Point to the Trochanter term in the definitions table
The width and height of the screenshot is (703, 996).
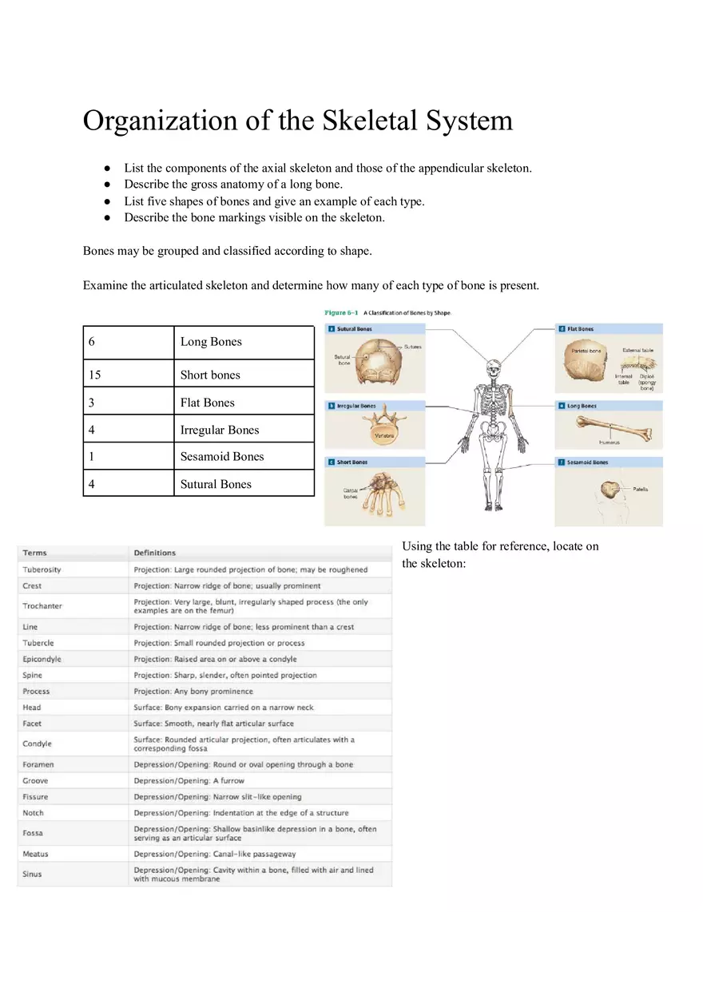pyautogui.click(x=42, y=606)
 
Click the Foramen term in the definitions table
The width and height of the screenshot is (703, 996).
pyautogui.click(x=38, y=764)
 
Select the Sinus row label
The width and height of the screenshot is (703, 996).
pyautogui.click(x=32, y=874)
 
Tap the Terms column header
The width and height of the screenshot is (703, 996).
pyautogui.click(x=34, y=553)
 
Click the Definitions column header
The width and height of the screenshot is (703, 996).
pyautogui.click(x=154, y=553)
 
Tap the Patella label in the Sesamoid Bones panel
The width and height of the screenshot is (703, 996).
pyautogui.click(x=640, y=489)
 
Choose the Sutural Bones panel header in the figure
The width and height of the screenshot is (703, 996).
pyautogui.click(x=355, y=329)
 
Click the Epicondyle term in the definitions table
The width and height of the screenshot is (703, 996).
pyautogui.click(x=42, y=659)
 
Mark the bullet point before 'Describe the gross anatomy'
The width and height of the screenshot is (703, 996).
pyautogui.click(x=106, y=185)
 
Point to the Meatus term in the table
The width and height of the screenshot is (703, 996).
pyautogui.click(x=35, y=854)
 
